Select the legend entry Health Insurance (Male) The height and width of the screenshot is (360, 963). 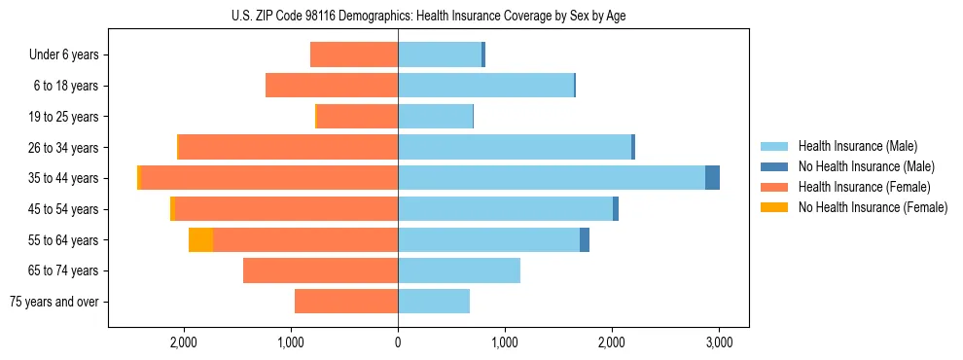(x=857, y=146)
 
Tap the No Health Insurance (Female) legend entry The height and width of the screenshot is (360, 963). (x=873, y=207)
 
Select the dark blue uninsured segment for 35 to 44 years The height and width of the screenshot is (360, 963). (x=712, y=178)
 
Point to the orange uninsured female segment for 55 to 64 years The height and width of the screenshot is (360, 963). (x=200, y=239)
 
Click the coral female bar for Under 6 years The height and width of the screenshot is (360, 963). (x=354, y=54)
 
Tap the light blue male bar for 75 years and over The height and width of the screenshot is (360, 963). (x=434, y=302)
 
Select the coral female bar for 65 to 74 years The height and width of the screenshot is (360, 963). (x=320, y=270)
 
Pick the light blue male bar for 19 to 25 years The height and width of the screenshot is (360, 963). (x=435, y=117)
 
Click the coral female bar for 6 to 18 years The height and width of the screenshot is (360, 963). (x=332, y=86)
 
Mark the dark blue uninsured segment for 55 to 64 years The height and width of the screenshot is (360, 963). (x=585, y=239)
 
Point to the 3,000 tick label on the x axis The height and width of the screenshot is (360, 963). (x=718, y=342)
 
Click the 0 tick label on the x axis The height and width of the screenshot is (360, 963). (x=398, y=342)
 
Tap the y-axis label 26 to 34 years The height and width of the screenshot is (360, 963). (x=65, y=148)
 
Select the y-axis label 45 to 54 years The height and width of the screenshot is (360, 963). (x=65, y=209)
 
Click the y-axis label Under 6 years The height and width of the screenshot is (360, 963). (x=64, y=55)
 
